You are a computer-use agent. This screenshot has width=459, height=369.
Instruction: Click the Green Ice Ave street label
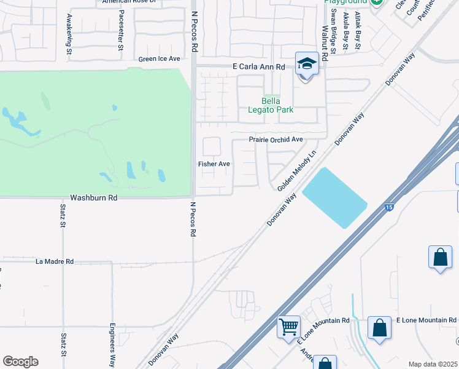tap(159, 59)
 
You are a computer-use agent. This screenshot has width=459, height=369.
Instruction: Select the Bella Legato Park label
tap(277, 105)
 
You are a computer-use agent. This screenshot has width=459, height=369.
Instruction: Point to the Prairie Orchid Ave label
tap(276, 140)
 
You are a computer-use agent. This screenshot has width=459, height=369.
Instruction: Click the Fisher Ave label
tap(214, 164)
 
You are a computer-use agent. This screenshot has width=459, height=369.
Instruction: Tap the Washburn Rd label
tap(93, 198)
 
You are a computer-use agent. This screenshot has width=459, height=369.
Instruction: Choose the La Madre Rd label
tap(55, 261)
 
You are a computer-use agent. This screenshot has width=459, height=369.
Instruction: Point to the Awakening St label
tap(69, 34)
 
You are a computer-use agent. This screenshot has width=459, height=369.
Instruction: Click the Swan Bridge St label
tap(334, 31)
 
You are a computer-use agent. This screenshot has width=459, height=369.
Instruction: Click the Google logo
tap(20, 362)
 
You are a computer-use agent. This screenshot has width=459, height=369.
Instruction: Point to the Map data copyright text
tap(433, 364)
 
